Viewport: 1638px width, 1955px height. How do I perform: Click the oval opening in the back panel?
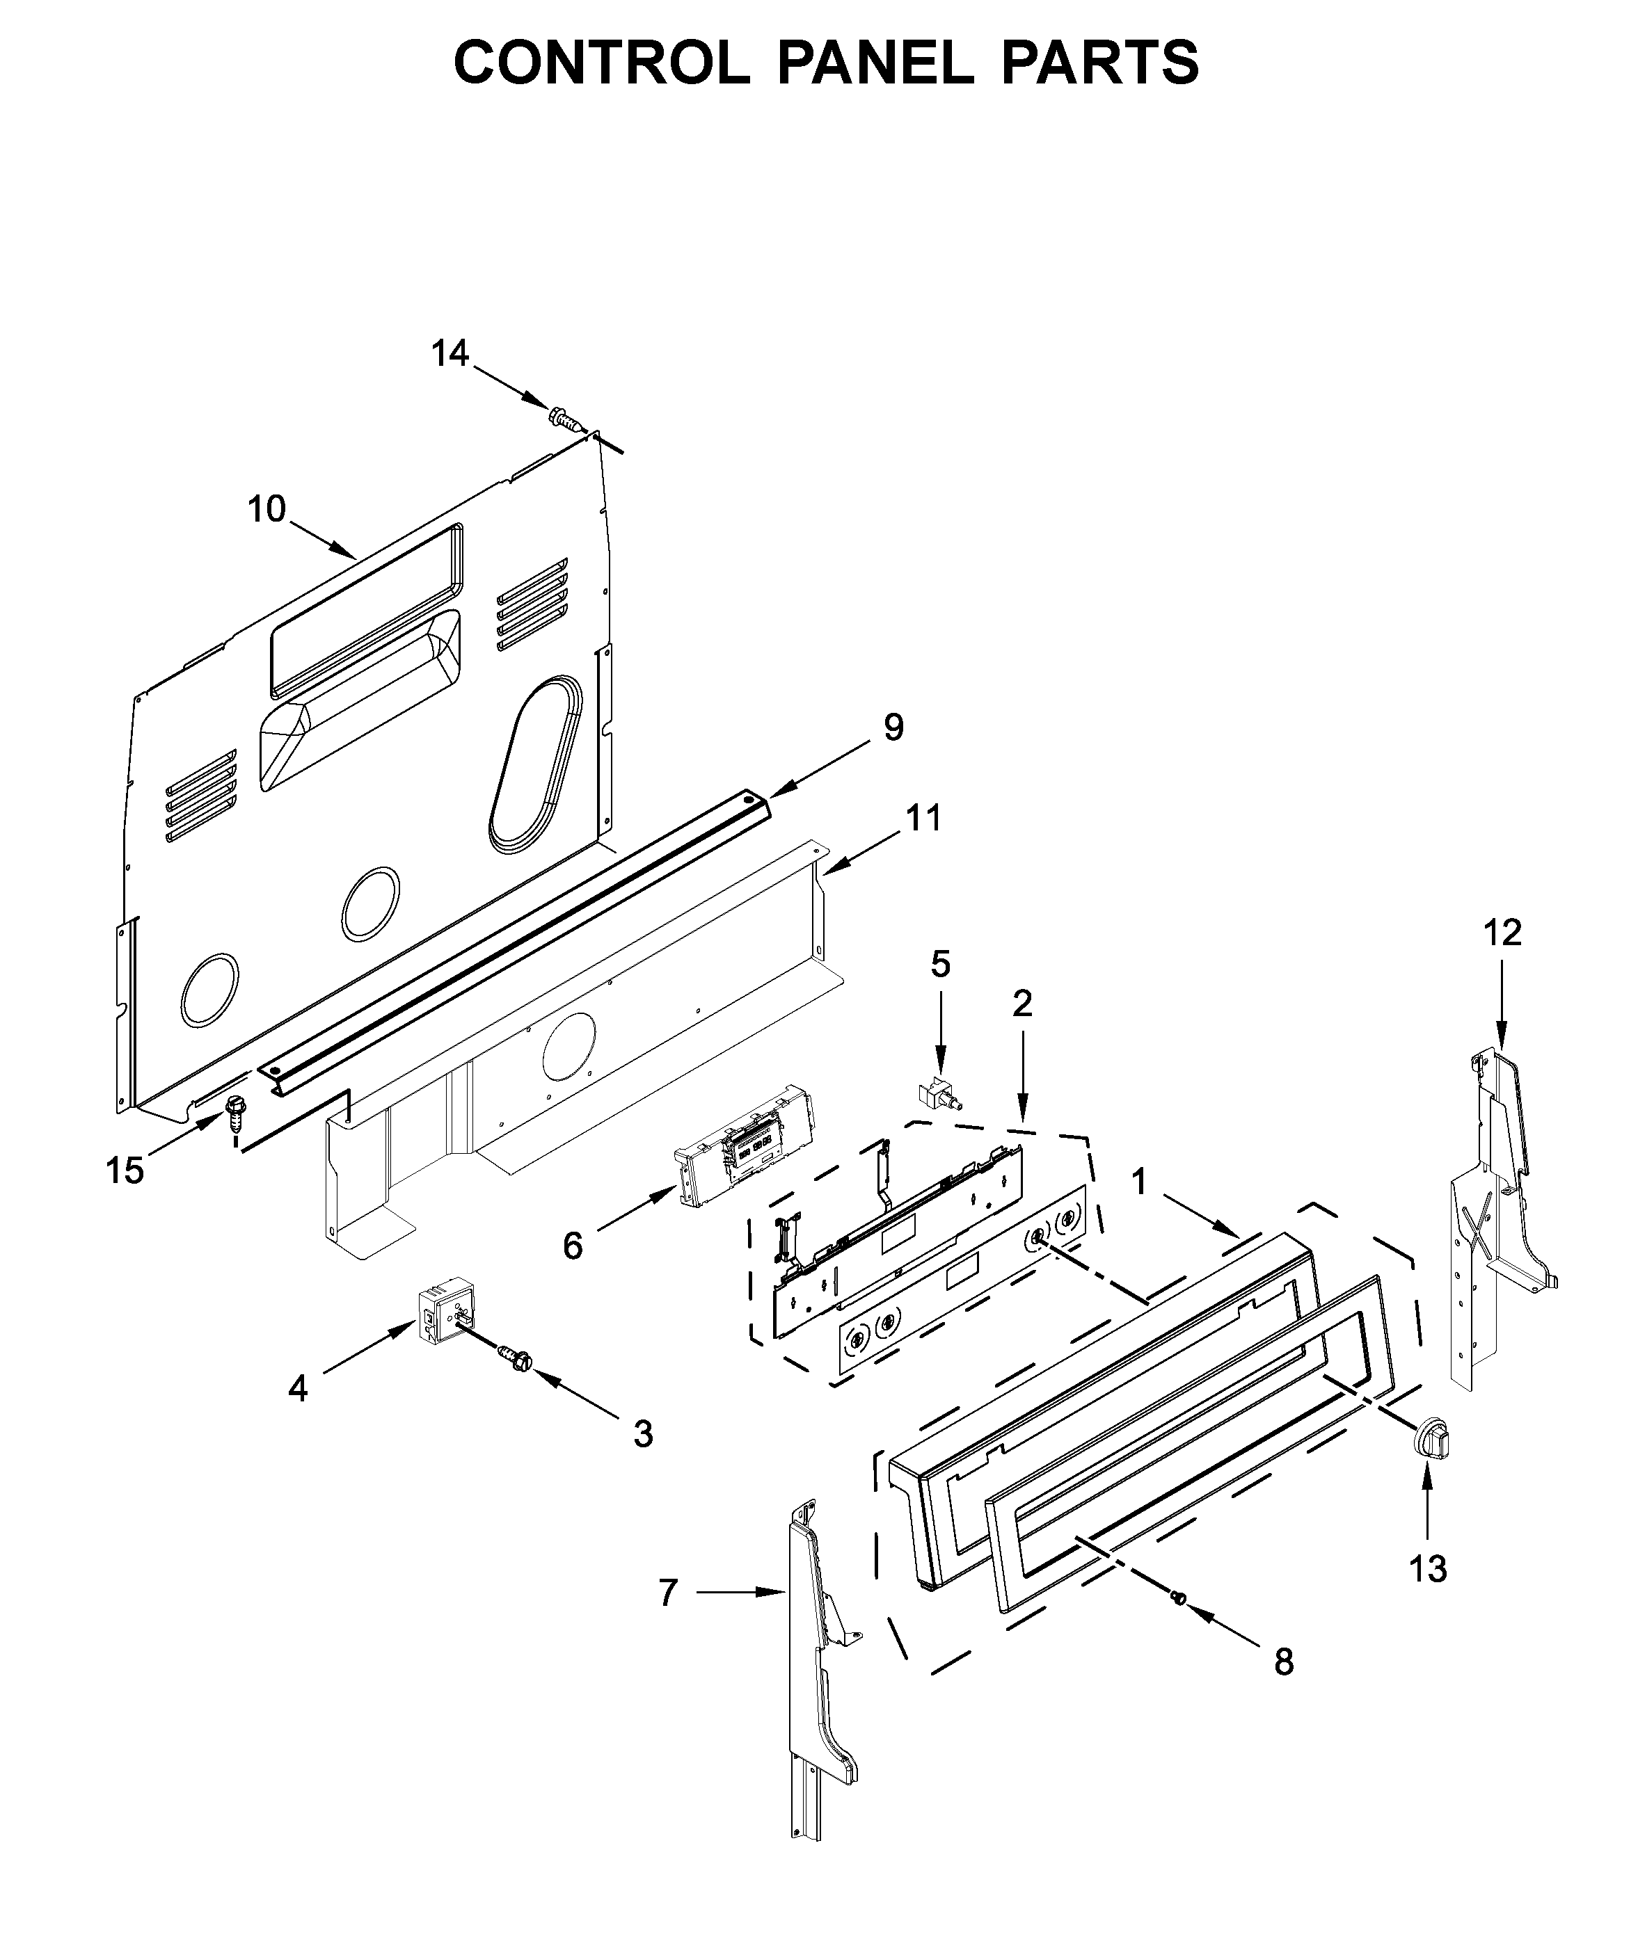click(535, 764)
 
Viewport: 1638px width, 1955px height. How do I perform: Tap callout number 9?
click(893, 727)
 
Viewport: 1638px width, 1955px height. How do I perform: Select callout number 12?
click(1503, 932)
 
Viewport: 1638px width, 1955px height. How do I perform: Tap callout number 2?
click(1021, 1004)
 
